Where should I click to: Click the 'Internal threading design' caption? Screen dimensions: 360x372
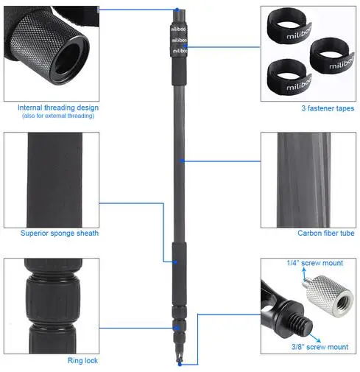pyautogui.click(x=58, y=108)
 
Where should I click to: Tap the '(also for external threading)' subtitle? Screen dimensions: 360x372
pyautogui.click(x=58, y=116)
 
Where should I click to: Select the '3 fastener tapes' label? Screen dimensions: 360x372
pyautogui.click(x=328, y=108)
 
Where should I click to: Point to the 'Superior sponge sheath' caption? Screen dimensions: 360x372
pyautogui.click(x=60, y=233)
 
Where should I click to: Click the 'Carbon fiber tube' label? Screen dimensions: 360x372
pyautogui.click(x=326, y=233)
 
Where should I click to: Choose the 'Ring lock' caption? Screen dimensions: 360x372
pyautogui.click(x=82, y=360)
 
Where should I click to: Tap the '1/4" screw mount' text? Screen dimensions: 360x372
pyautogui.click(x=315, y=263)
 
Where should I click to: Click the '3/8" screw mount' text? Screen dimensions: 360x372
pyautogui.click(x=320, y=347)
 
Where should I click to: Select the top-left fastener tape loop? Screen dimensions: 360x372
pyautogui.click(x=289, y=27)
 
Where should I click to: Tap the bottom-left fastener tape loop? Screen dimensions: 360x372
pyautogui.click(x=289, y=77)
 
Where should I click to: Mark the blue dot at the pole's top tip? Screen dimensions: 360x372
pyautogui.click(x=177, y=10)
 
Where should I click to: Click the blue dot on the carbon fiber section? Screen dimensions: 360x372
pyautogui.click(x=182, y=161)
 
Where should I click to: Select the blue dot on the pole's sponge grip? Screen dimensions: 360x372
pyautogui.click(x=175, y=262)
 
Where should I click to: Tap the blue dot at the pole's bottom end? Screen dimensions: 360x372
pyautogui.click(x=180, y=365)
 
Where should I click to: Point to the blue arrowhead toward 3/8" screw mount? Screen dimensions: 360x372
pyautogui.click(x=318, y=340)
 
